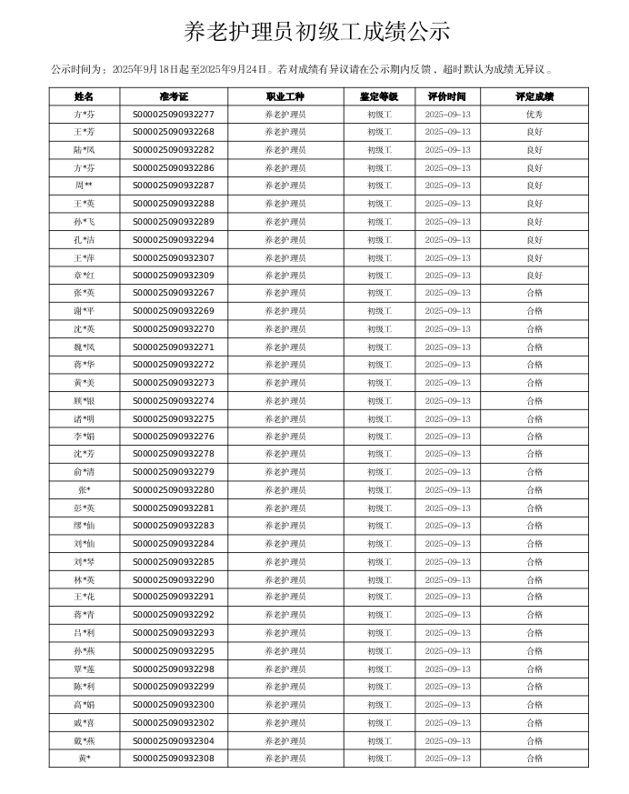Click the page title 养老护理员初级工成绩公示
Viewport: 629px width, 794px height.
tap(316, 32)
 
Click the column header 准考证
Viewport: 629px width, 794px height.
tap(174, 96)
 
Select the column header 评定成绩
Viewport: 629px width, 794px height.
tap(534, 96)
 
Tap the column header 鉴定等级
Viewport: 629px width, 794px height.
tap(379, 96)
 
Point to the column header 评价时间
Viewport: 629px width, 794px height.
tap(447, 96)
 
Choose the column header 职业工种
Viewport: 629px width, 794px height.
tap(285, 96)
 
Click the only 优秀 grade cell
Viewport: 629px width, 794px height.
tap(534, 115)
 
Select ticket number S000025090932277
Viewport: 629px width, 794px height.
tap(174, 115)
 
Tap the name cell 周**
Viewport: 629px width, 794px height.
tap(84, 186)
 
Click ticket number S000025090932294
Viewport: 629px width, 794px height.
tap(174, 240)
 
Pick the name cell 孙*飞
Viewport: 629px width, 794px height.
tap(84, 222)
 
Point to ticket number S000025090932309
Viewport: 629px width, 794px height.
tap(174, 276)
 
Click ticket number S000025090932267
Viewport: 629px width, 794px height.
tap(174, 293)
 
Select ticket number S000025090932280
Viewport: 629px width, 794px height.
tap(174, 490)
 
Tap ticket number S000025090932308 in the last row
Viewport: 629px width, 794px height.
tap(174, 759)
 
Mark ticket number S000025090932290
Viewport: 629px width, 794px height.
tap(174, 580)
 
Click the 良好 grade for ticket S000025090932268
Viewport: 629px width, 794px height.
tap(534, 132)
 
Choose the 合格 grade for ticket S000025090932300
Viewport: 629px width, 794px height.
tap(534, 705)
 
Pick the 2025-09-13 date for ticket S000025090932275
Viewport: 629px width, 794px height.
tap(447, 419)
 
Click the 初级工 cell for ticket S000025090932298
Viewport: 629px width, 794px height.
tap(379, 669)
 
